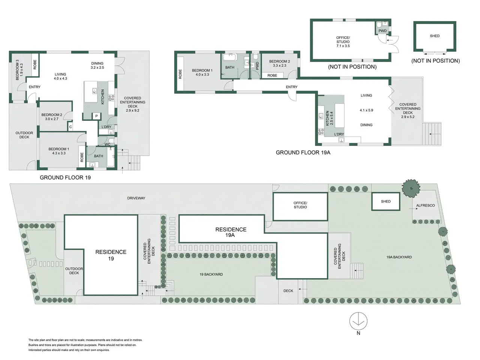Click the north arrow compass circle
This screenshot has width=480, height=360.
pos(358,321)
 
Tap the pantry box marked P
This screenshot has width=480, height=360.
pos(96,116)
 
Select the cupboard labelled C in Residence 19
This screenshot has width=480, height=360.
pos(70,127)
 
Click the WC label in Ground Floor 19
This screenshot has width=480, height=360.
pos(107,144)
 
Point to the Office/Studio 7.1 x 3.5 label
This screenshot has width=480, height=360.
pos(343,42)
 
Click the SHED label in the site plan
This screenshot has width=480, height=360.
pos(385,201)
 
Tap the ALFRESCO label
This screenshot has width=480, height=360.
pos(425,205)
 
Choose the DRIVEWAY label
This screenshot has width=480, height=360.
pos(136,198)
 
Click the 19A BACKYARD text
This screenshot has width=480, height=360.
pos(399,257)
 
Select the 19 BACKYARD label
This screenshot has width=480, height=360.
pos(211,274)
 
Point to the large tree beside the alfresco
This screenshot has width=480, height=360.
pos(411,188)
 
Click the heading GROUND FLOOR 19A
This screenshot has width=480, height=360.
pos(303,153)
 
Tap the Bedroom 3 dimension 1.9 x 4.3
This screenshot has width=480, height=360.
pos(21,70)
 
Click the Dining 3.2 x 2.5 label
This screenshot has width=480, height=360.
pos(97,65)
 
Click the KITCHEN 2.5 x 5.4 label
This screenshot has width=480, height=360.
pos(329,118)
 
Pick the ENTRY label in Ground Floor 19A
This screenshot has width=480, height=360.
pos(291,87)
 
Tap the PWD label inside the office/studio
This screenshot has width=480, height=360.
pos(382,31)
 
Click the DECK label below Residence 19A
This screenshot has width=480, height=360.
pos(288,291)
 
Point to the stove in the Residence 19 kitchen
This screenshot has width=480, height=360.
pos(111,98)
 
